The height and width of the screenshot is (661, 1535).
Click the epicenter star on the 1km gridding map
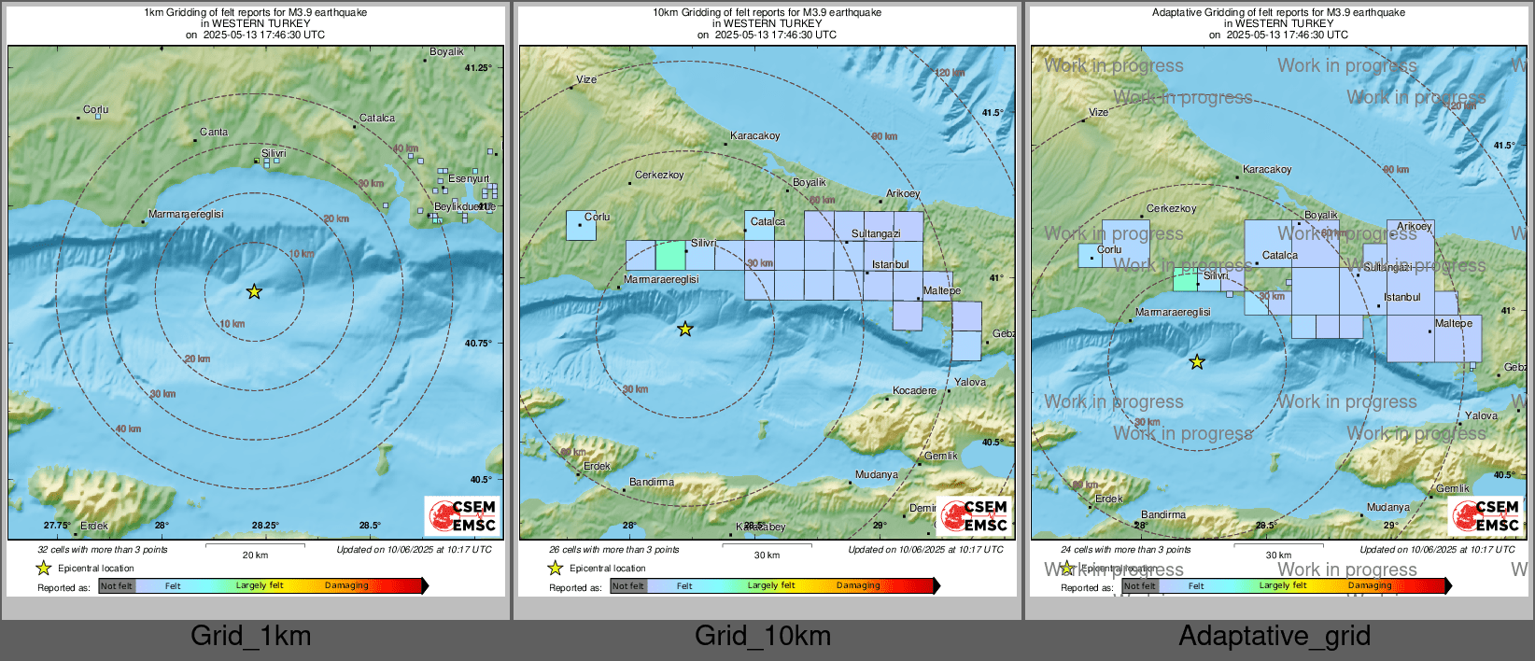point(254,292)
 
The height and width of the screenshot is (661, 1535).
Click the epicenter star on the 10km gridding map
point(685,329)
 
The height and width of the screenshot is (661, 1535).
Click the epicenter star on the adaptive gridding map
point(1197,362)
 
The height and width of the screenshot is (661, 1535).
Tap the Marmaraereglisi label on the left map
point(186,215)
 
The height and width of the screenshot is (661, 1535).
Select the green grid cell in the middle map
point(670,255)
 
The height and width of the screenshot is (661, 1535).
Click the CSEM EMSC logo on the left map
point(463,516)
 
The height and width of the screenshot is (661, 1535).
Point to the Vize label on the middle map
point(586,79)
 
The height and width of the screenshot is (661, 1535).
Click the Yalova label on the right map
point(1481,416)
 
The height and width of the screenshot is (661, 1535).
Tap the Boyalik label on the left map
point(446,52)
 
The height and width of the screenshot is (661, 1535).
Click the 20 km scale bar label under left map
point(255,555)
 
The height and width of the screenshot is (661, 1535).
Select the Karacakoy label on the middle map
point(755,136)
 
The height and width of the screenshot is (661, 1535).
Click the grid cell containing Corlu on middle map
point(581,225)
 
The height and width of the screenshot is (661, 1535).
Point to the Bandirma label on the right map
point(1163,515)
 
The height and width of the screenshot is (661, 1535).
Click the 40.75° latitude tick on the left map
point(478,344)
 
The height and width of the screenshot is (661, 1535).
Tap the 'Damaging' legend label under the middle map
point(858,585)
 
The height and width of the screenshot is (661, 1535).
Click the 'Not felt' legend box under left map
point(117,586)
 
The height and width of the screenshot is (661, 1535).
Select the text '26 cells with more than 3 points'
point(614,550)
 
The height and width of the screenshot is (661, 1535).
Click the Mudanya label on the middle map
point(876,475)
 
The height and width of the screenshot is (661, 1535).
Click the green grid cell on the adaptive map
point(1185,280)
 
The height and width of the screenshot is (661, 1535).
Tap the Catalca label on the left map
point(377,119)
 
